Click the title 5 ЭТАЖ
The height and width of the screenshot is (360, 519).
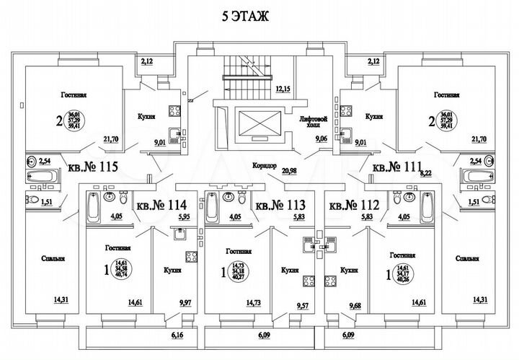[x=239, y=16]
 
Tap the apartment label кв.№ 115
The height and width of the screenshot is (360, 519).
[x=93, y=168]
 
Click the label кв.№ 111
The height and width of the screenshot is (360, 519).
[x=396, y=168]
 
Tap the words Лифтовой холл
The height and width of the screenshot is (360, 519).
[x=314, y=122]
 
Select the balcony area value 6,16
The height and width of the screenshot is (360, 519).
[x=179, y=335]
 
